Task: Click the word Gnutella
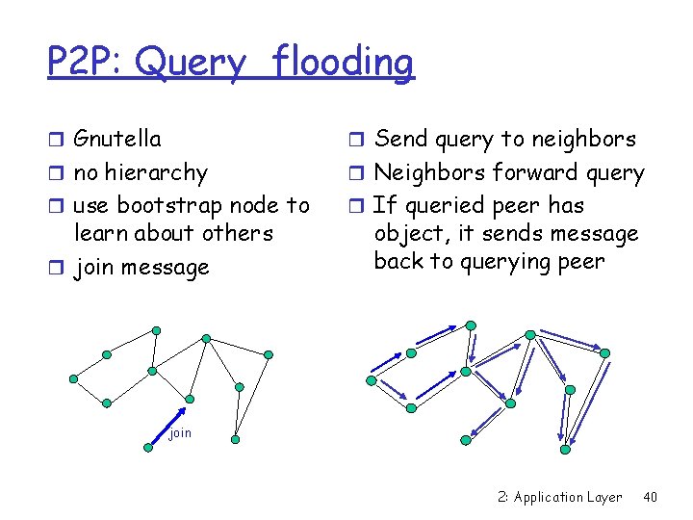[117, 139]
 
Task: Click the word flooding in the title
[343, 64]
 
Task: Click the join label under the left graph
[180, 433]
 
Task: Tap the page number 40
[650, 497]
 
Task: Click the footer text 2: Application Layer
[560, 497]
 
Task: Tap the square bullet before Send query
[355, 140]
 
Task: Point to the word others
[241, 233]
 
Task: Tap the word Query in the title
[191, 64]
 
